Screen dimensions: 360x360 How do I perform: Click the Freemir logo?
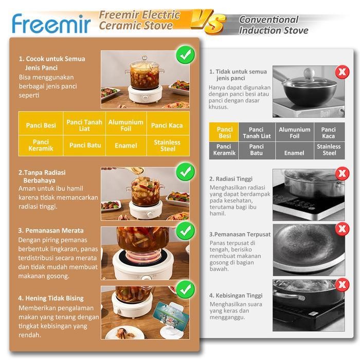coord(51,23)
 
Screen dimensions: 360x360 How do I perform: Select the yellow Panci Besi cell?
coord(41,125)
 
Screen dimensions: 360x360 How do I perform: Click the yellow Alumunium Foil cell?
coord(126,125)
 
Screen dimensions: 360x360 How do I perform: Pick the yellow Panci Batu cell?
coord(85,146)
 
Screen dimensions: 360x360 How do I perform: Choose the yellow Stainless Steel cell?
coord(167,146)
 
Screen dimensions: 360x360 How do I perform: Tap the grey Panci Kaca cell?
coord(328,133)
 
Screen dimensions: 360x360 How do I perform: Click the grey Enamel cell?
coord(294,153)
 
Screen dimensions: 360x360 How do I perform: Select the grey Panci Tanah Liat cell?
coord(257,133)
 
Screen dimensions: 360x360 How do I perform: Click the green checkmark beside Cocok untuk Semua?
coord(185,54)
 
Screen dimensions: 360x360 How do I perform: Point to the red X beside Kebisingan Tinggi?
coord(340,284)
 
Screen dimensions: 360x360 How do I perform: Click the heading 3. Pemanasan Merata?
coord(51,230)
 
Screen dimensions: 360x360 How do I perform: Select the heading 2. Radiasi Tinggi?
coord(231,179)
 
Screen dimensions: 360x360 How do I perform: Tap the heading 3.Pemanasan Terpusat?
coord(240,235)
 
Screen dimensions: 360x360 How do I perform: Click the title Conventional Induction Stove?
coord(273,25)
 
